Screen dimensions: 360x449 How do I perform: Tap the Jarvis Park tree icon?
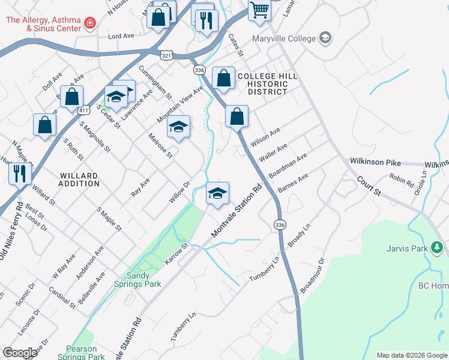pyautogui.click(x=437, y=247)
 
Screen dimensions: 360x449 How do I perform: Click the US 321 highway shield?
pyautogui.click(x=166, y=55)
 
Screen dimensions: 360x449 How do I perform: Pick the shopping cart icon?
pyautogui.click(x=259, y=10)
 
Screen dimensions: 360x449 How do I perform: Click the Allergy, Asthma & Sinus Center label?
pyautogui.click(x=43, y=24)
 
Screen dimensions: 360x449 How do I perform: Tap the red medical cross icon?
pyautogui.click(x=90, y=23)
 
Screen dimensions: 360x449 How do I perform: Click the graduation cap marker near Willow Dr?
pyautogui.click(x=218, y=193)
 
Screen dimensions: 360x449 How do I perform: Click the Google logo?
pyautogui.click(x=20, y=353)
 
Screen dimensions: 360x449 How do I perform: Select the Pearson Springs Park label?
pyautogui.click(x=81, y=353)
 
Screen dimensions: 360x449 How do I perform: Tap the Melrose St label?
pyautogui.click(x=160, y=146)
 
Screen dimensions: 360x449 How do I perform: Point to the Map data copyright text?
pyautogui.click(x=412, y=355)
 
